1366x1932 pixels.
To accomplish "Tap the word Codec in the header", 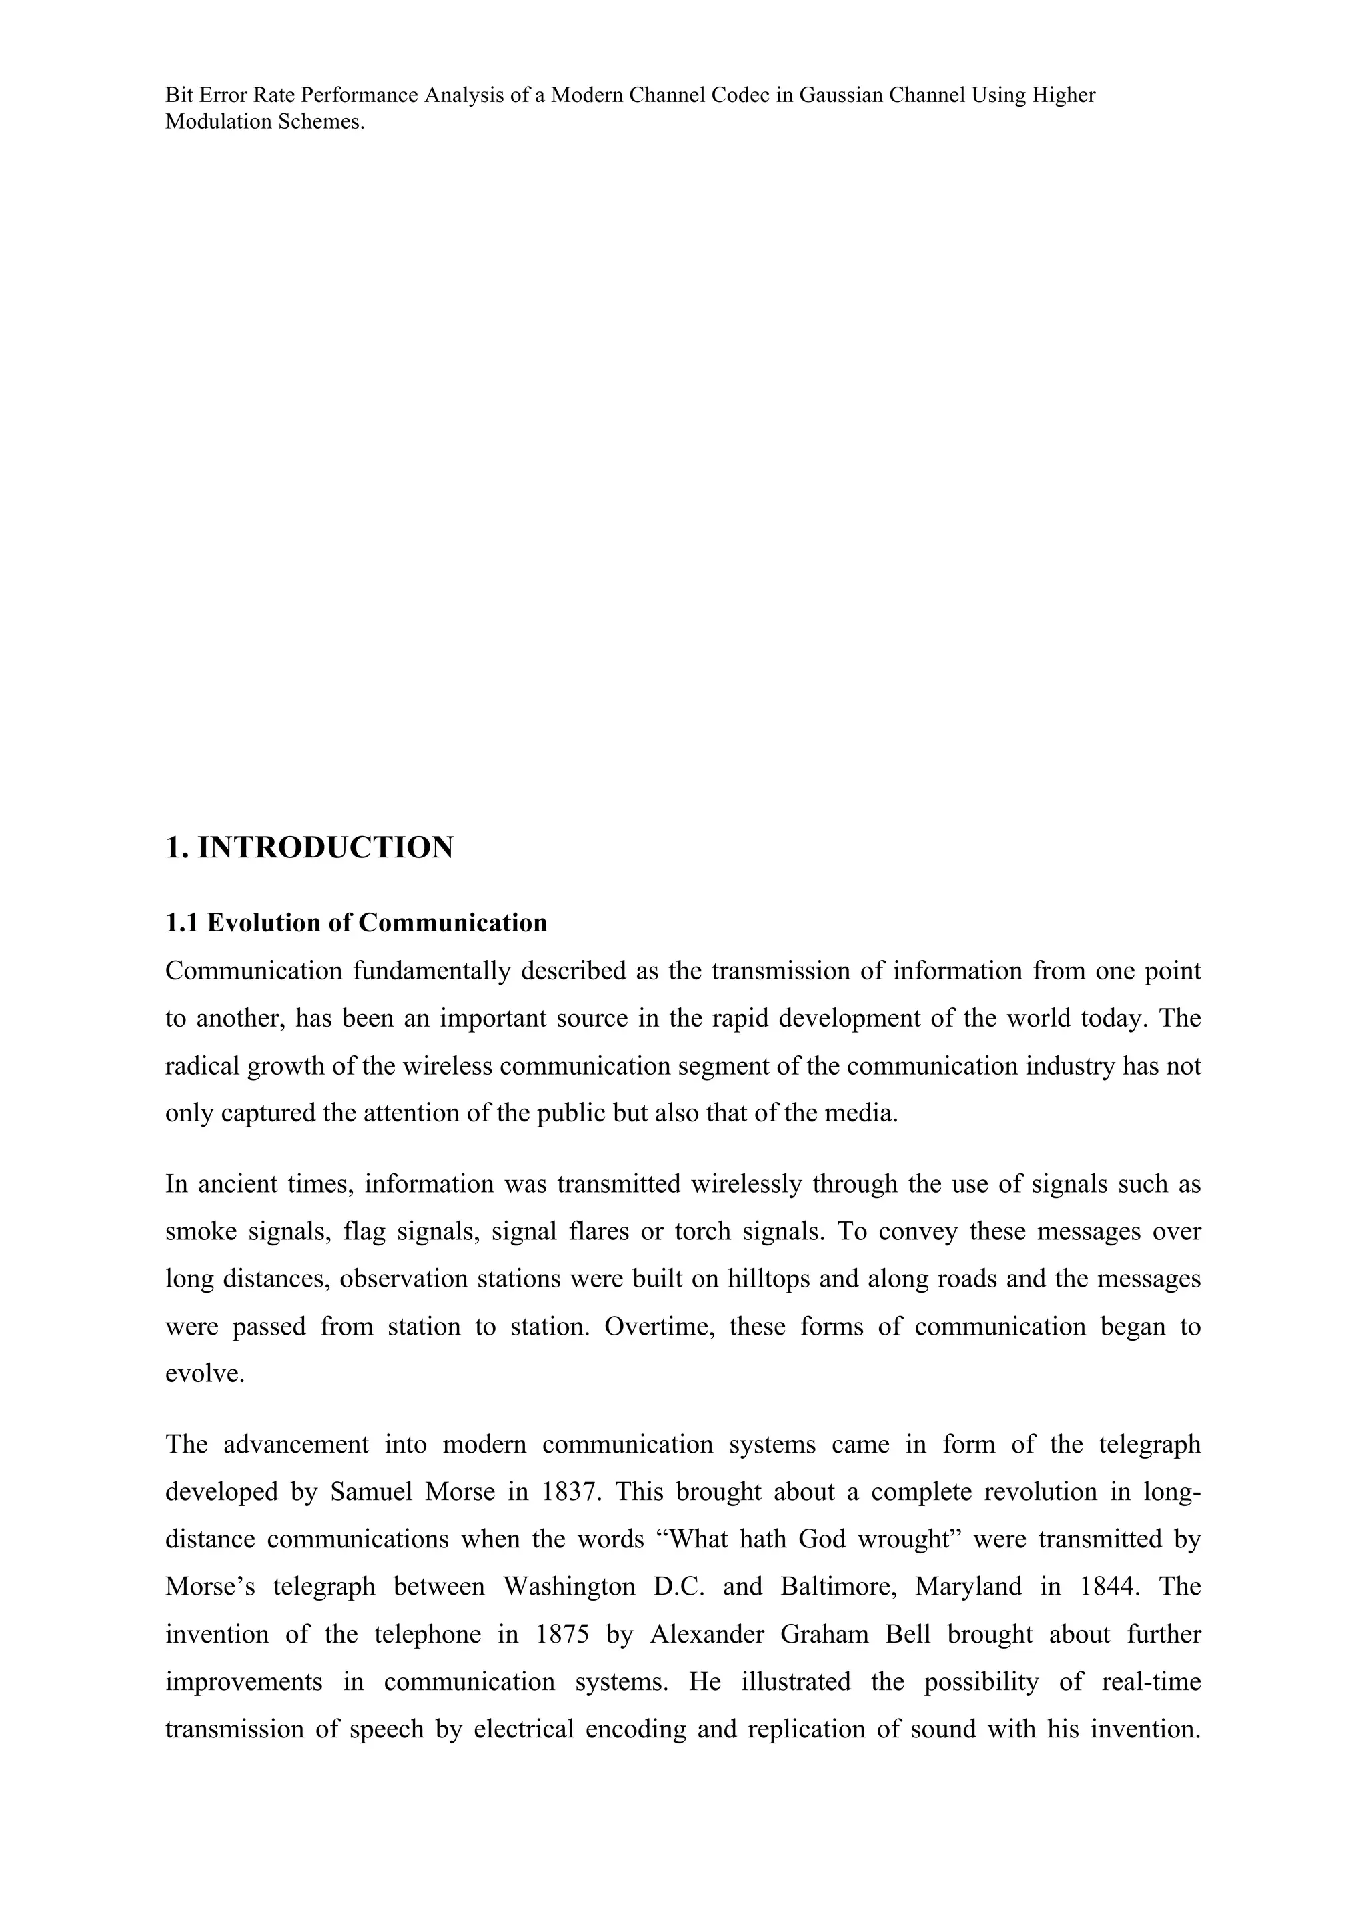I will point(740,95).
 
